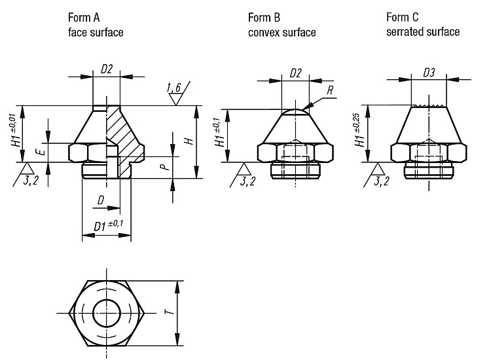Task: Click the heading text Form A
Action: pos(84,18)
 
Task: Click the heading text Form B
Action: pos(264,18)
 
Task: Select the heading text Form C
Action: pos(403,17)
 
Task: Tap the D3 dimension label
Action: pos(429,73)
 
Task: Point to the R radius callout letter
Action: pos(330,90)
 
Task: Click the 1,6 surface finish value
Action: pos(174,88)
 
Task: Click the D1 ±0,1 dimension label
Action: pos(108,225)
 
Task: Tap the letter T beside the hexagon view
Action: pos(169,312)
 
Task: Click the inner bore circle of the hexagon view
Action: pos(107,313)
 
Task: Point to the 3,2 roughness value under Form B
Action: pos(247,181)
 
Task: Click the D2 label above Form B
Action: pos(295,73)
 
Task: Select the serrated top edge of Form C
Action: pos(429,106)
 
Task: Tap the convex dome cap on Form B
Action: pos(295,112)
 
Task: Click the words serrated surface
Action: pos(423,32)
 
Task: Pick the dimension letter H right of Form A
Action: pos(189,141)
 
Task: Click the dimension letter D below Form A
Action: pos(101,200)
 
